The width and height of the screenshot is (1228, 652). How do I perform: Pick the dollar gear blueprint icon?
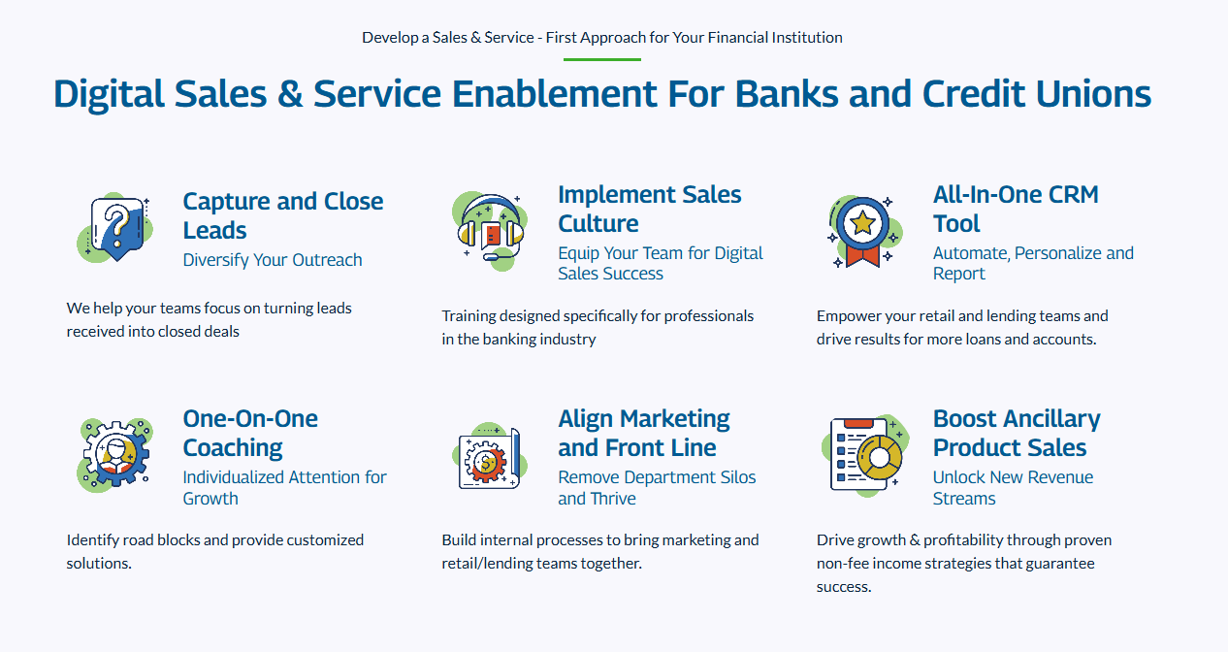coord(490,456)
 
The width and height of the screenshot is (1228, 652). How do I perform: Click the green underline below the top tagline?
coord(602,59)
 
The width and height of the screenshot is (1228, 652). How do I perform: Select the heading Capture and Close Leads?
coord(283,215)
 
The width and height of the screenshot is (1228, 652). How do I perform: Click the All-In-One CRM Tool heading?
coord(1016,209)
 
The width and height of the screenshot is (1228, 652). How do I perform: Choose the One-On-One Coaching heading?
coord(250,433)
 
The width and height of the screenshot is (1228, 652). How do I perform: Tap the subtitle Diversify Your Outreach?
coord(273,260)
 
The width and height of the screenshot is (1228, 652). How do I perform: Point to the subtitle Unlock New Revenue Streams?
coord(1013,488)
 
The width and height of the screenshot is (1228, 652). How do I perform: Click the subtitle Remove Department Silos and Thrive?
coord(657,488)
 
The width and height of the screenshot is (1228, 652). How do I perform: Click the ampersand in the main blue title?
coord(289,94)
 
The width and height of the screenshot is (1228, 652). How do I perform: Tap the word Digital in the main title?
coord(109,94)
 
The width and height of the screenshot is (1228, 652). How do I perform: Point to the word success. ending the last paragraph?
coord(844,587)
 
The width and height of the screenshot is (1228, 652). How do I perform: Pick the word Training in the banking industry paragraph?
coord(469,316)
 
